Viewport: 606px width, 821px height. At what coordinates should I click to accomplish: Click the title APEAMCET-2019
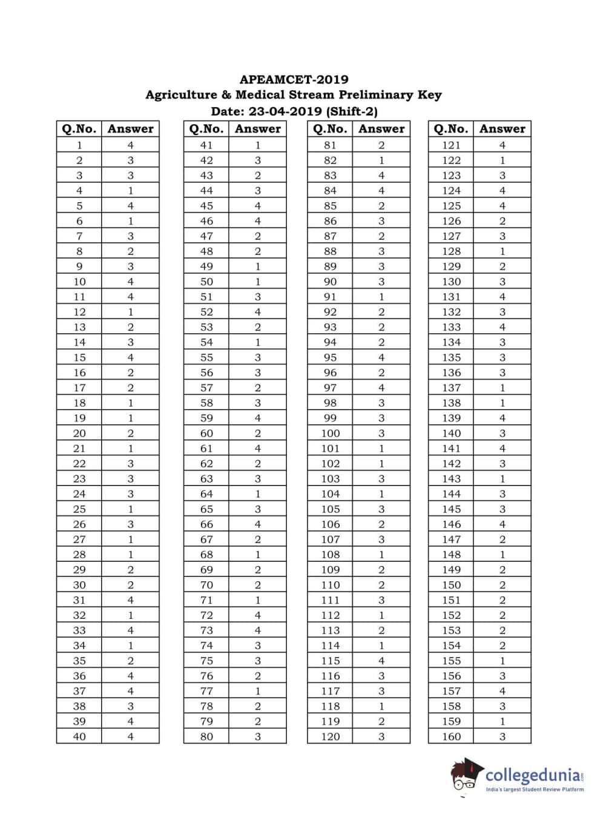point(294,79)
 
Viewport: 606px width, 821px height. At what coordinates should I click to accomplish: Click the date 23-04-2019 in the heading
point(285,111)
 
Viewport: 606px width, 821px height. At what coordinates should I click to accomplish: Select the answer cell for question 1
point(130,145)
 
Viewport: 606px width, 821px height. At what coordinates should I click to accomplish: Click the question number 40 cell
point(79,737)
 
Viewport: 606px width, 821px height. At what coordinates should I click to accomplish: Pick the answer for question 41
point(258,145)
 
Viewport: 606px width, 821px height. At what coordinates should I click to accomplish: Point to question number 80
point(206,737)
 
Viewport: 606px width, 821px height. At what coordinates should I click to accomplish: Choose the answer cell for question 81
point(381,145)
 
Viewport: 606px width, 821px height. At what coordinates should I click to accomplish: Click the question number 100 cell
point(331,434)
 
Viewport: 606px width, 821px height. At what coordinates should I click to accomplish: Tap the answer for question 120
point(381,737)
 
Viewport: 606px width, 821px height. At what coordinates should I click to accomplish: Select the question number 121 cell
point(451,145)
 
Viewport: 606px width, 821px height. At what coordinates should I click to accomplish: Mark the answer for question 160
point(502,737)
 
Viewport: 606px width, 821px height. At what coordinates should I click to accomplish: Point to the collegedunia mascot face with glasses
point(464,781)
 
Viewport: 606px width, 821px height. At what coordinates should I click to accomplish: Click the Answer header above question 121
point(502,129)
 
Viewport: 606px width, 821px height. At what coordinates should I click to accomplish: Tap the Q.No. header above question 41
point(206,129)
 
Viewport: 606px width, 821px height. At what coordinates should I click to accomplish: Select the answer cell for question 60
point(258,434)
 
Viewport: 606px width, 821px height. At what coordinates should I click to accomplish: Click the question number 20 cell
point(79,434)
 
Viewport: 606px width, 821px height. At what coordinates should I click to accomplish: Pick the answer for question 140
point(502,434)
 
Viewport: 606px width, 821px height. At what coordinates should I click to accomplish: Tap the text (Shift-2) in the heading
point(352,111)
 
